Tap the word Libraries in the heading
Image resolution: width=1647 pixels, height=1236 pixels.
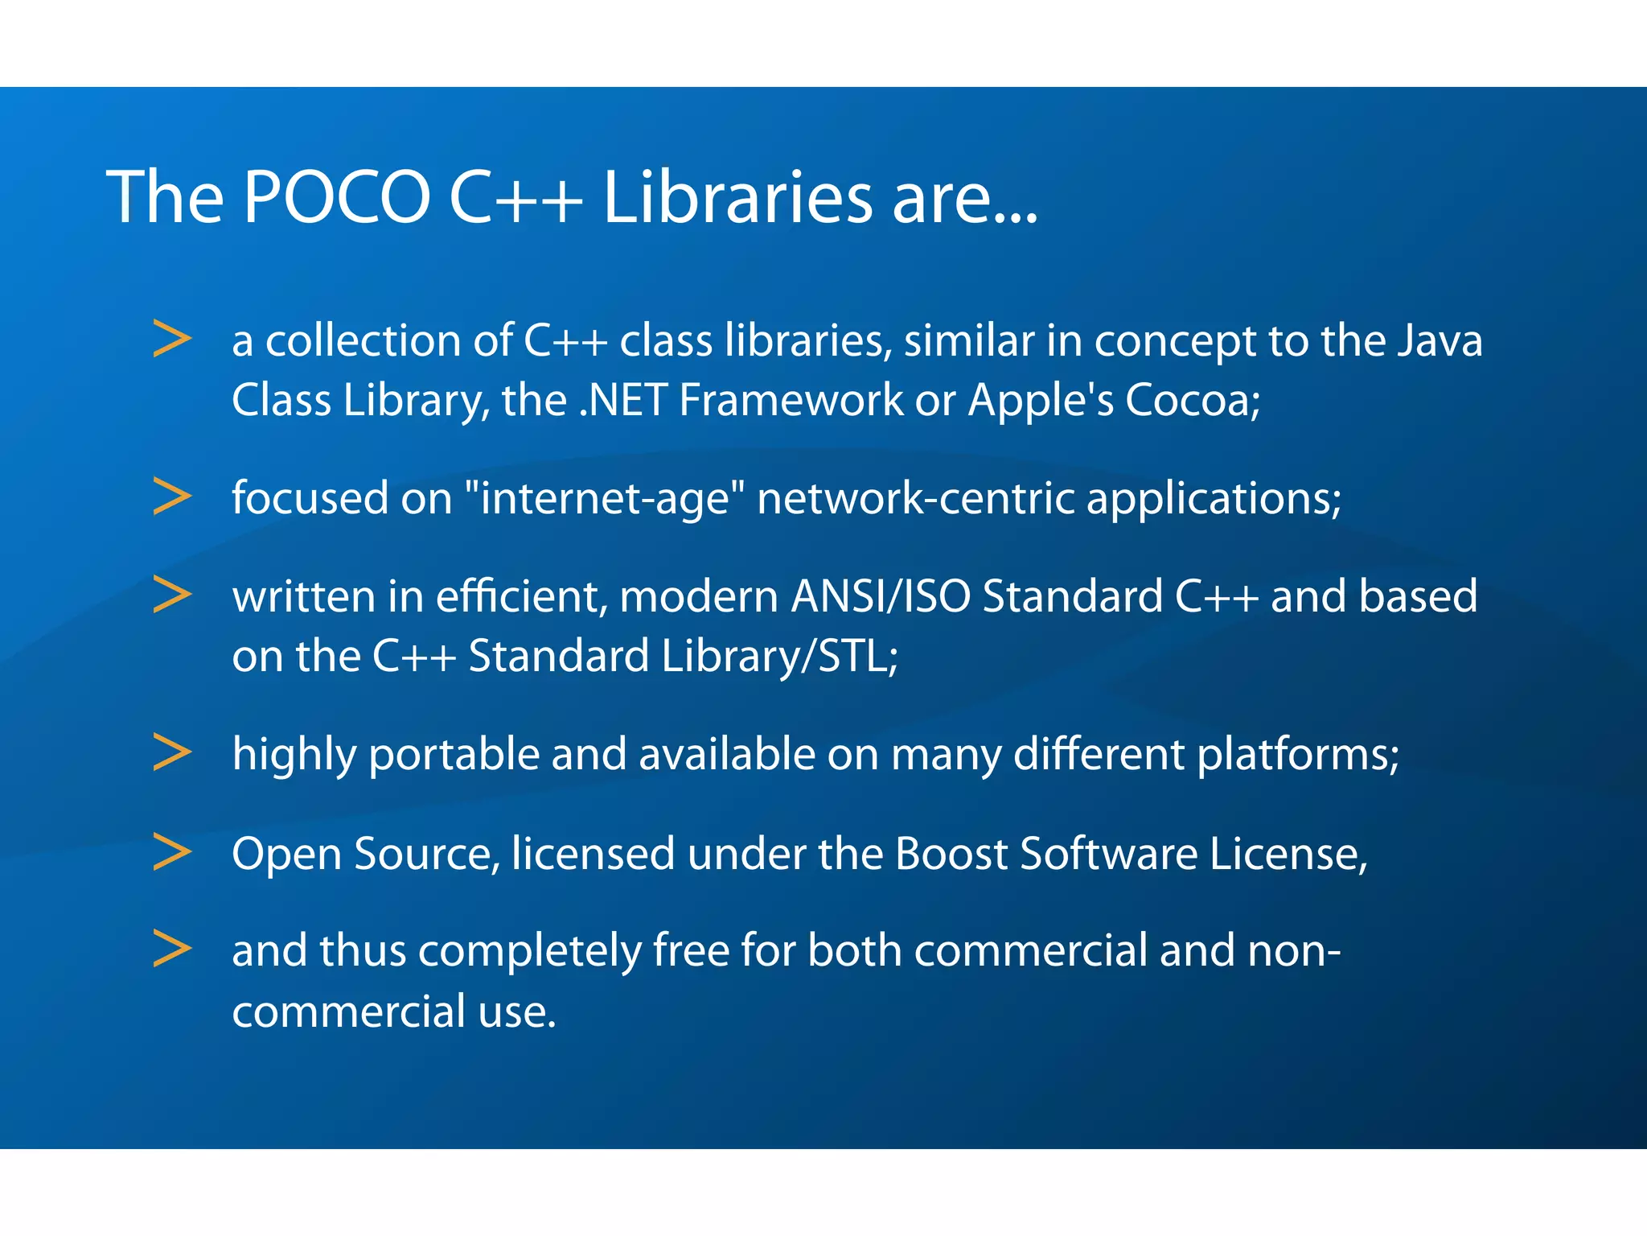[x=737, y=197]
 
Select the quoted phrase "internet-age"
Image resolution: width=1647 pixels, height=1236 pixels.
[x=605, y=498]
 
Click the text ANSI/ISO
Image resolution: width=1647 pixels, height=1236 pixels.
[x=881, y=596]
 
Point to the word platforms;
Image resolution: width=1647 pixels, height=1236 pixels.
[x=1298, y=755]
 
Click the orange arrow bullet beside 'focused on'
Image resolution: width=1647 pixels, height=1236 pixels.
[x=172, y=496]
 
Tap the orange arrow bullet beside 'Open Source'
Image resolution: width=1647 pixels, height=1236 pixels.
[x=172, y=852]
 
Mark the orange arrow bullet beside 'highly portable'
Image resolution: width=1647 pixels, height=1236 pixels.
[x=172, y=753]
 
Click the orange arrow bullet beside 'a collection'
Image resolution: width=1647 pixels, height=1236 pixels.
[x=172, y=339]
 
